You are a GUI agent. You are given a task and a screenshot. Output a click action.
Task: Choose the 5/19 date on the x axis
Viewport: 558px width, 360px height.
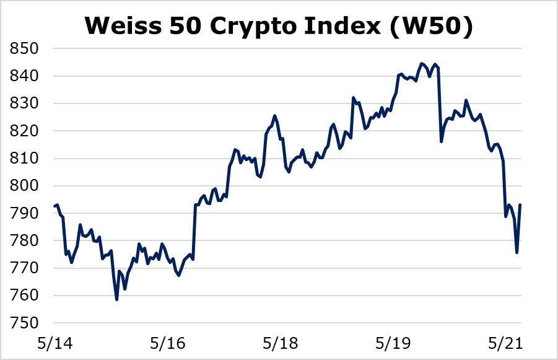(x=395, y=341)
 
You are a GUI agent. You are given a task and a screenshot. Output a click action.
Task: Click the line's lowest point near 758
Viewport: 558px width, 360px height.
(x=116, y=300)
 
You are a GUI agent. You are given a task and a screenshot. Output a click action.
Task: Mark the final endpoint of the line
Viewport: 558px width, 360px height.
(x=520, y=204)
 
